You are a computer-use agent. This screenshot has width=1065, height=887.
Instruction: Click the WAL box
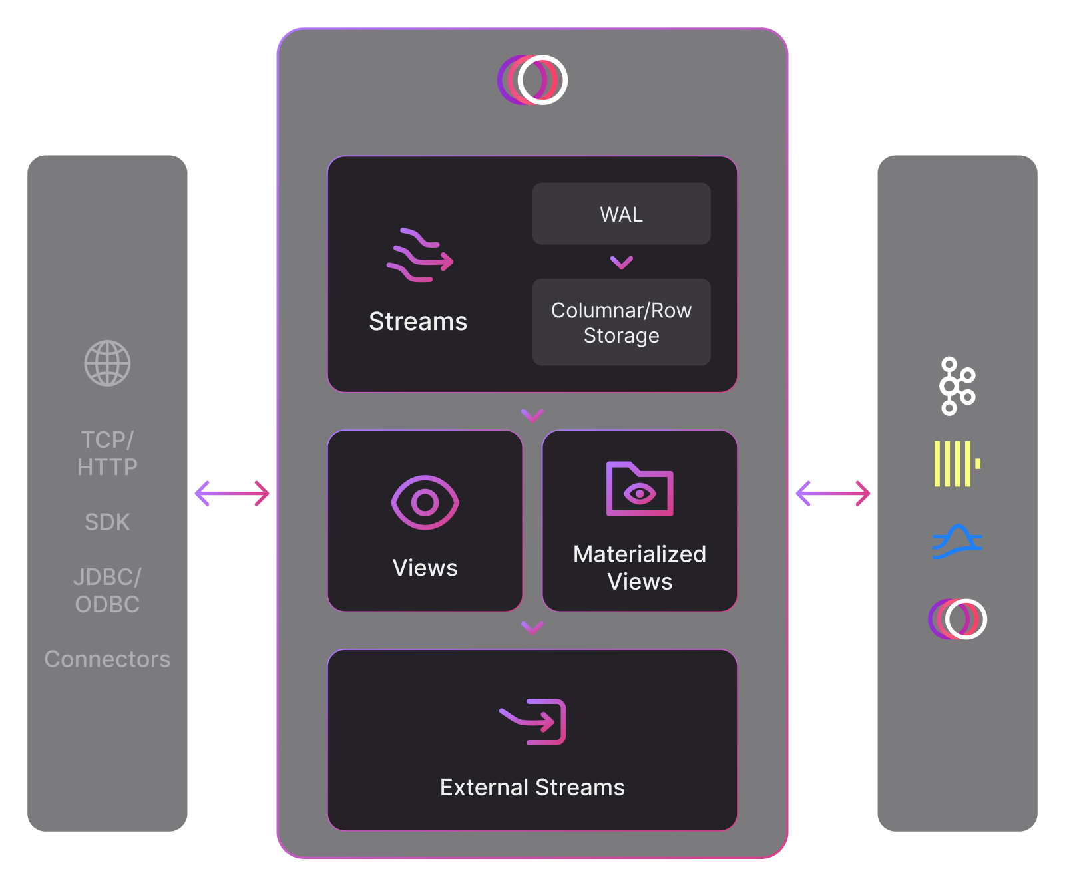[x=621, y=214]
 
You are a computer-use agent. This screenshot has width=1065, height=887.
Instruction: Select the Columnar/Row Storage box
[x=621, y=322]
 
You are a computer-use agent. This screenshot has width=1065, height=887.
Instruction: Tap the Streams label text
[x=418, y=321]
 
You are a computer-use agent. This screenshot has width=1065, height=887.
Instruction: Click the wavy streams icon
[x=419, y=256]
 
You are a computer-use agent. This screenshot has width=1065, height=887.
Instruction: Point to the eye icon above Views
[x=425, y=502]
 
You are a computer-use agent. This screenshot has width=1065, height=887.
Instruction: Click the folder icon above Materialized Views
[x=640, y=490]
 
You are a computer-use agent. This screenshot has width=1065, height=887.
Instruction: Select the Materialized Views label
[x=640, y=568]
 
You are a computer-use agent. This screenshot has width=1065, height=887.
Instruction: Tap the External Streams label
[x=532, y=787]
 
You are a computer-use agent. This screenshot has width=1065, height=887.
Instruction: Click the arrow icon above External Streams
[x=533, y=722]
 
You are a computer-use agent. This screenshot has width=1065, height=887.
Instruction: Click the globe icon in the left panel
[x=107, y=363]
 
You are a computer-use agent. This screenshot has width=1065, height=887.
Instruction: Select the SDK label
[x=107, y=522]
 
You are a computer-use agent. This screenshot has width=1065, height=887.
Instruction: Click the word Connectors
[x=107, y=659]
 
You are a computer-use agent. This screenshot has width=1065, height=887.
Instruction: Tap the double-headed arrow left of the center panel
[x=232, y=494]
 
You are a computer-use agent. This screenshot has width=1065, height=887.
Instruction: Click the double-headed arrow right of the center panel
[x=833, y=494]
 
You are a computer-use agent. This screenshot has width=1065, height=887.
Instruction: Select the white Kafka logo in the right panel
[x=957, y=386]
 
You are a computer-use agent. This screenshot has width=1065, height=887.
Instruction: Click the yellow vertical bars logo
[x=957, y=464]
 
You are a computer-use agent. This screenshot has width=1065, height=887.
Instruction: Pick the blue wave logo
[x=957, y=542]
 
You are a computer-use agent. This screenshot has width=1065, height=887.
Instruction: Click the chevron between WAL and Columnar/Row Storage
[x=622, y=262]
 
